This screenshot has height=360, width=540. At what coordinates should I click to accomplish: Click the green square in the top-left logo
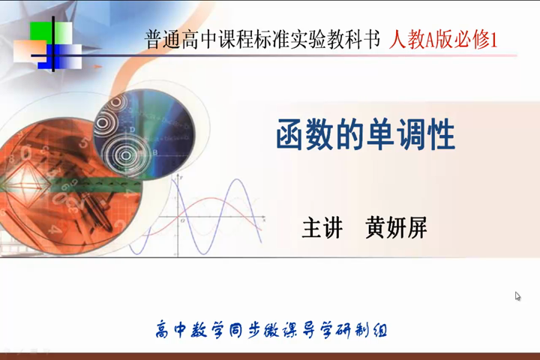coord(40,31)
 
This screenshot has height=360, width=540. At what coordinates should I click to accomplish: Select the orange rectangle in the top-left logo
coord(26,52)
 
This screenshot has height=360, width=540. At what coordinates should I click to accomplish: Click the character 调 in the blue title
coord(411,136)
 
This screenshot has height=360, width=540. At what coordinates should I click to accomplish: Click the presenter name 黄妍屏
coord(396,228)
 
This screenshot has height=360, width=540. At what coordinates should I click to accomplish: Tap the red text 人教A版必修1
coord(443,40)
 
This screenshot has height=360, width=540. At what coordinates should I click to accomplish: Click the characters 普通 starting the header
coord(162,40)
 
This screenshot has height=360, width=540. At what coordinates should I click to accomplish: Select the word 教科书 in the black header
coord(353,40)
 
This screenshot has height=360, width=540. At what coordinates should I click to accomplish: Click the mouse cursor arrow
coord(517,296)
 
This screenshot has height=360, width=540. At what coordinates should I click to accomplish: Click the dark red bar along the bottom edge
coord(270,356)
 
